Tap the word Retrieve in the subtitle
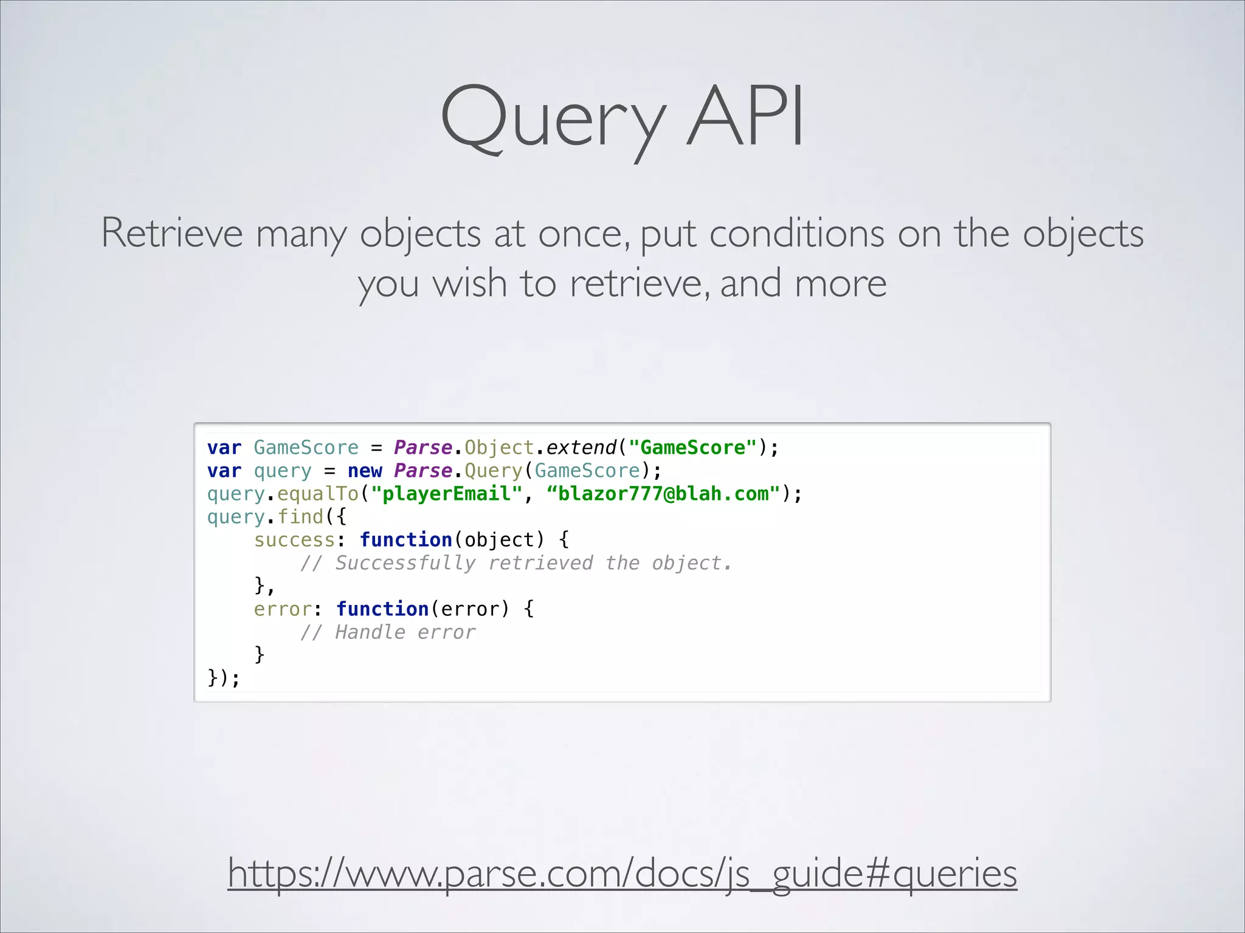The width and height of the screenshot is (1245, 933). pyautogui.click(x=172, y=233)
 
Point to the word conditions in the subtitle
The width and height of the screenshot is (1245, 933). pyautogui.click(x=796, y=233)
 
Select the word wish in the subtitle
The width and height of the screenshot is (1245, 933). pyautogui.click(x=469, y=284)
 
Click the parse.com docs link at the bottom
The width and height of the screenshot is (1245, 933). pyautogui.click(x=622, y=873)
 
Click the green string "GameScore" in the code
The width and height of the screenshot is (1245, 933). pyautogui.click(x=693, y=448)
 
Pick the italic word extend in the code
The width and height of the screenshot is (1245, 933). pyautogui.click(x=581, y=448)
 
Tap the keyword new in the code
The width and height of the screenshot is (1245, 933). pyautogui.click(x=365, y=471)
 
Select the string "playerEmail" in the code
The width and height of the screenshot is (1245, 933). pyautogui.click(x=447, y=494)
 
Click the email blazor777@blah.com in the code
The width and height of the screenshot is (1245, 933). pyautogui.click(x=663, y=494)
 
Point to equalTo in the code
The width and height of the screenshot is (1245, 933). pyautogui.click(x=318, y=494)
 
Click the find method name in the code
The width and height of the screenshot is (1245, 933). pyautogui.click(x=300, y=517)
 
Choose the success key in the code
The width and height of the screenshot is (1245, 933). pyautogui.click(x=294, y=540)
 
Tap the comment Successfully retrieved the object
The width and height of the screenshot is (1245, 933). pyautogui.click(x=516, y=563)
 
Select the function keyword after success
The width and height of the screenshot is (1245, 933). pyautogui.click(x=405, y=540)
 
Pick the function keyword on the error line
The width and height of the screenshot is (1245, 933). pyautogui.click(x=382, y=609)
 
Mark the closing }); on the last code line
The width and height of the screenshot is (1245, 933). pyautogui.click(x=224, y=677)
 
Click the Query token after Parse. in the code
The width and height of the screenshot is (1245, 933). pyautogui.click(x=493, y=471)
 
